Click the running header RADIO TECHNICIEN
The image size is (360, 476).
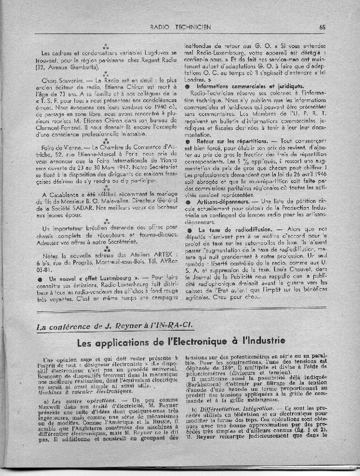pos(181,27)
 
